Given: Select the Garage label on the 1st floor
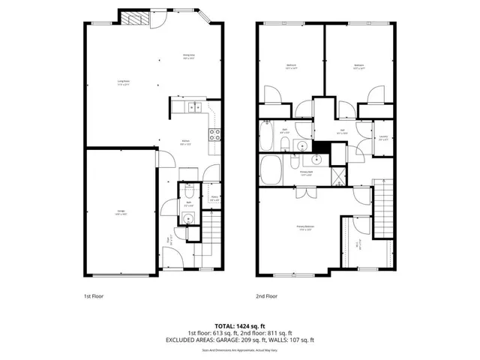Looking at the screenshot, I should tap(120, 212).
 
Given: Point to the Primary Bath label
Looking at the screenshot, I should tap(307, 172).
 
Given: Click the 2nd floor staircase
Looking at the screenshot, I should tap(384, 202).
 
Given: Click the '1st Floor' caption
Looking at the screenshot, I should tap(94, 295).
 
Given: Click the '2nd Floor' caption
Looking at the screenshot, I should tap(266, 295).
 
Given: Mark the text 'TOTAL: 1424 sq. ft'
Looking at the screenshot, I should tap(240, 325).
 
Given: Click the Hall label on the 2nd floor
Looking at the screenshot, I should tap(341, 131).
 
